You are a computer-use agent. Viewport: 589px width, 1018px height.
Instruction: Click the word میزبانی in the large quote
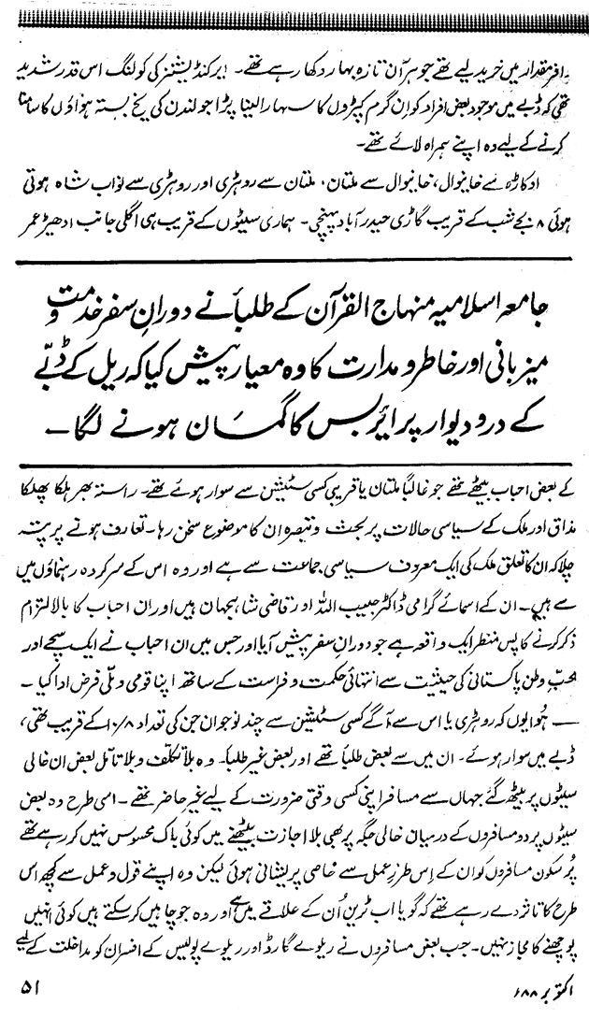click(517, 365)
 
